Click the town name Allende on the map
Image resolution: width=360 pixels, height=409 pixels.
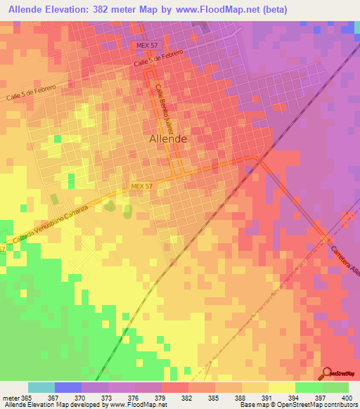click(x=168, y=139)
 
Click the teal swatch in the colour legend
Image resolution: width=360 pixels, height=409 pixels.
click(x=41, y=387)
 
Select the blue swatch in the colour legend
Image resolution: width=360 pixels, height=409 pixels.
click(x=67, y=387)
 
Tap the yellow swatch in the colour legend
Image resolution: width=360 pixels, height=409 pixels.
click(x=281, y=387)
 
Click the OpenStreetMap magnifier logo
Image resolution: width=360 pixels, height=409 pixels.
click(x=327, y=372)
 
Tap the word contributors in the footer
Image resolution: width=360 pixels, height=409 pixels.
click(x=342, y=405)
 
